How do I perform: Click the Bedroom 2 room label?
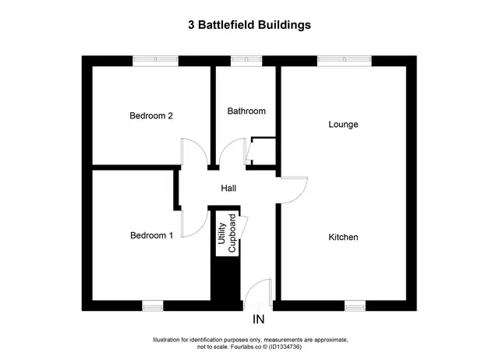(151, 115)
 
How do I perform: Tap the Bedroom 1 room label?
(152, 235)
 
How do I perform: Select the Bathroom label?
(246, 111)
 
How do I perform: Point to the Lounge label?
(343, 125)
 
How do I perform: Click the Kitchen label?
(343, 237)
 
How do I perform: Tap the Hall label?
(228, 189)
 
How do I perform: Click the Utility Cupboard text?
(227, 233)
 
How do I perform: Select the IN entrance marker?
(258, 319)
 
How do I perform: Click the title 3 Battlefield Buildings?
(249, 25)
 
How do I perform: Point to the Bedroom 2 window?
(155, 61)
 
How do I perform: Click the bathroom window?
(246, 61)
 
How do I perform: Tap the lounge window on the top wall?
(345, 61)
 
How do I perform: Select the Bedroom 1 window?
(153, 305)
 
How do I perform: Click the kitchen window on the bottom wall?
(356, 305)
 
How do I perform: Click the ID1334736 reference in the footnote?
(285, 347)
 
